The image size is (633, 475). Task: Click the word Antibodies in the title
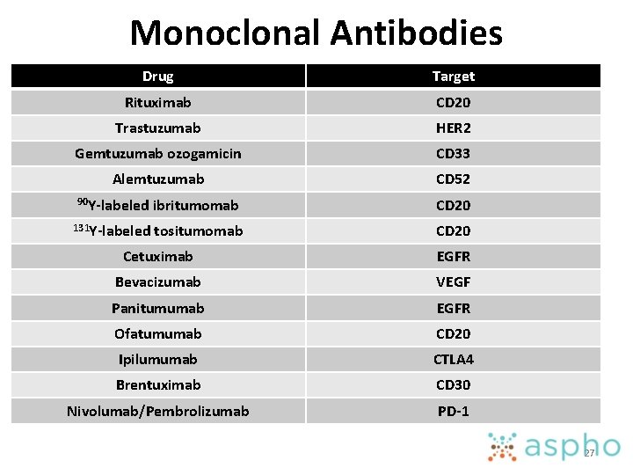pyautogui.click(x=418, y=33)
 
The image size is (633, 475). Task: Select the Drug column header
pyautogui.click(x=158, y=77)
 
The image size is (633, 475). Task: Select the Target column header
pyautogui.click(x=453, y=77)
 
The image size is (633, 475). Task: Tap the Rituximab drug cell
pyautogui.click(x=158, y=102)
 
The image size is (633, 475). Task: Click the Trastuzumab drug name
pyautogui.click(x=158, y=128)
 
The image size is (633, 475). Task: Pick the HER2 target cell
pyautogui.click(x=453, y=128)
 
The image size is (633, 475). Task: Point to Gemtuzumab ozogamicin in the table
pyautogui.click(x=158, y=153)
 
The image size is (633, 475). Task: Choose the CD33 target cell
pyautogui.click(x=453, y=153)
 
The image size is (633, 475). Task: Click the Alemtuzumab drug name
pyautogui.click(x=158, y=179)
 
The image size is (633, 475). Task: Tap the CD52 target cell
pyautogui.click(x=453, y=179)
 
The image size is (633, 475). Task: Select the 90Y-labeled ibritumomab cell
pyautogui.click(x=158, y=205)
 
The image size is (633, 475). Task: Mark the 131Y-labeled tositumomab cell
pyautogui.click(x=158, y=230)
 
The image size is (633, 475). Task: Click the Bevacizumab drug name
pyautogui.click(x=158, y=281)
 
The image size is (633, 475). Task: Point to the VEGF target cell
pyautogui.click(x=453, y=281)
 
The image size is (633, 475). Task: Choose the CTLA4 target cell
pyautogui.click(x=453, y=359)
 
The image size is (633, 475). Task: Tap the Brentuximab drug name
pyautogui.click(x=158, y=384)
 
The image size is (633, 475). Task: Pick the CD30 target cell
pyautogui.click(x=453, y=384)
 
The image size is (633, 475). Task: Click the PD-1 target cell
pyautogui.click(x=453, y=411)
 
